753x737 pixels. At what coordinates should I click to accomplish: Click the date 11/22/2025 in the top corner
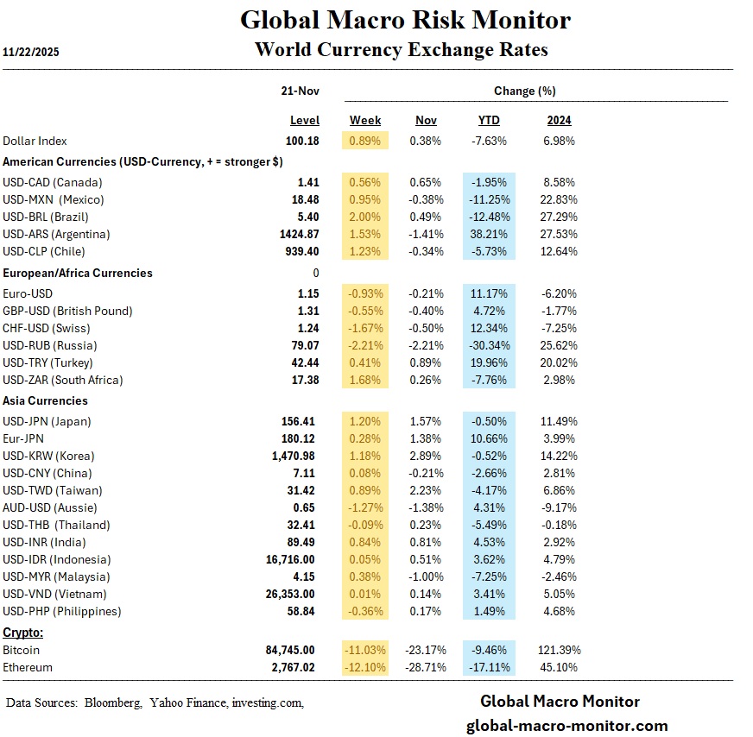pos(31,52)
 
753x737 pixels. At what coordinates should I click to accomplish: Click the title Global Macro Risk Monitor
pos(405,19)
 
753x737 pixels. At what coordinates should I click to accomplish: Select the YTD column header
pos(489,120)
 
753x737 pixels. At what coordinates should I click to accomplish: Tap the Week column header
pos(365,120)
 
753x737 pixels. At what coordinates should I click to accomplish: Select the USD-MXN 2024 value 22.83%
pos(558,199)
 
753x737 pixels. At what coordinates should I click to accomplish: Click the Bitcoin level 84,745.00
pos(290,650)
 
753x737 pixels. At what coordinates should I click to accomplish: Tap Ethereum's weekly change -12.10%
pos(364,667)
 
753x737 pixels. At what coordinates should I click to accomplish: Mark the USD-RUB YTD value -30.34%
pos(489,345)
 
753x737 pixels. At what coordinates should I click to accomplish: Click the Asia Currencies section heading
pos(46,401)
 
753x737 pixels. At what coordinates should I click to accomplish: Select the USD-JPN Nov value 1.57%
pos(427,421)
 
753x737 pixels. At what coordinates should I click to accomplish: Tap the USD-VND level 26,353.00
pos(290,594)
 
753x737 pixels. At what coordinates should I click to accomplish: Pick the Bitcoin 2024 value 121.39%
pos(559,650)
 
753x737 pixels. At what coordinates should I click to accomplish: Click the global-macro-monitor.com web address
pos(566,726)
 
